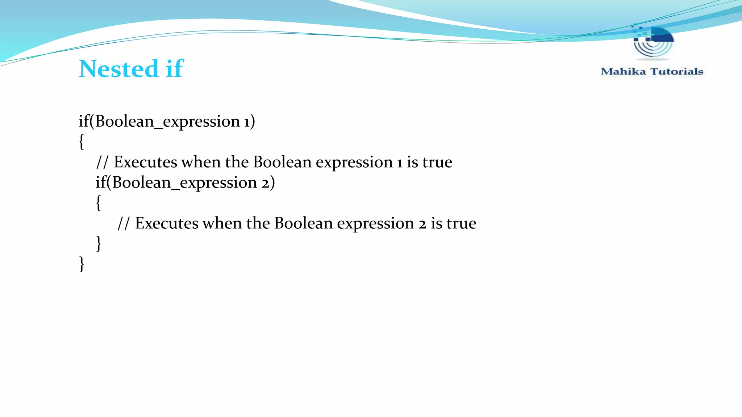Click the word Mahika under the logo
point(623,72)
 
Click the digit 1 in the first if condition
point(247,122)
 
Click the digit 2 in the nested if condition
point(266,183)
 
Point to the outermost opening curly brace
point(82,142)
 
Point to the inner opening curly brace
point(99,203)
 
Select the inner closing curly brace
point(99,243)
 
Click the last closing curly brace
point(82,264)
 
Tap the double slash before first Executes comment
point(102,162)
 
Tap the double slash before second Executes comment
point(123,223)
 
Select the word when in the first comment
point(201,162)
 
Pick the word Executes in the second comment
point(167,223)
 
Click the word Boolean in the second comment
point(303,223)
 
